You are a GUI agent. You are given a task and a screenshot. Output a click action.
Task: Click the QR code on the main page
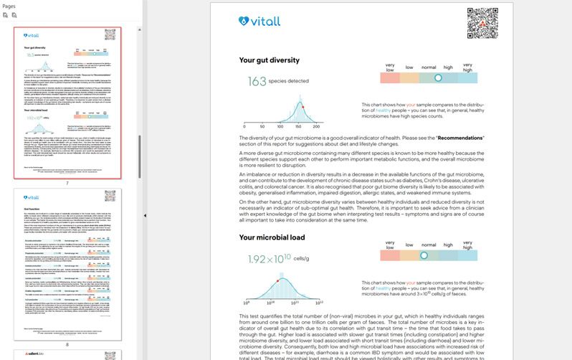pyautogui.click(x=482, y=23)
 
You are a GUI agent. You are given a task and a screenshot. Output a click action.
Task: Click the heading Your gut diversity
pyautogui.click(x=269, y=60)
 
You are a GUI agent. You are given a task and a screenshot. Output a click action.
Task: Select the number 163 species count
pyautogui.click(x=257, y=82)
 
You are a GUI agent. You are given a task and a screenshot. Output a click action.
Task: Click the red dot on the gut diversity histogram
pyautogui.click(x=303, y=107)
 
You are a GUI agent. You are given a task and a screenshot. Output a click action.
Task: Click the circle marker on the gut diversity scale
pyautogui.click(x=438, y=78)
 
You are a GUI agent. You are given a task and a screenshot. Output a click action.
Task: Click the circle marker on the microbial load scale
pyautogui.click(x=424, y=255)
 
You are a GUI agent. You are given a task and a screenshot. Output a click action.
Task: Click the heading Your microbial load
pyautogui.click(x=272, y=237)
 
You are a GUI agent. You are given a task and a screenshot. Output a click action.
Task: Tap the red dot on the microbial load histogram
pyautogui.click(x=278, y=281)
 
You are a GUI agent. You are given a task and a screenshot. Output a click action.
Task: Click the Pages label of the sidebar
pyautogui.click(x=9, y=6)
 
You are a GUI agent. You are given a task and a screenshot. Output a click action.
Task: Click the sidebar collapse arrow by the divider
pyautogui.click(x=145, y=215)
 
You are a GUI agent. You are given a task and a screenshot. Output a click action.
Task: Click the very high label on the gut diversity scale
pyautogui.click(x=467, y=67)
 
